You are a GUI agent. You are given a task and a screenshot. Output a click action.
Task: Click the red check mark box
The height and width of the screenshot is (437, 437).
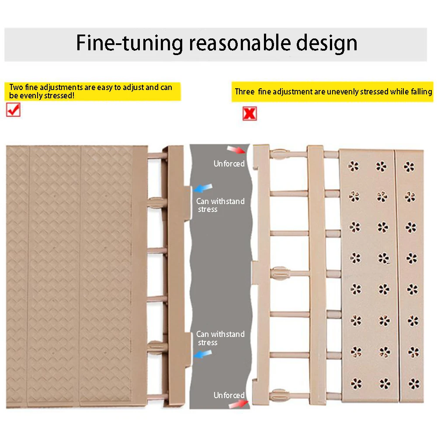click(13, 110)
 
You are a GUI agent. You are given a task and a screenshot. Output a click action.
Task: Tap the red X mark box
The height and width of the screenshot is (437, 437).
click(250, 114)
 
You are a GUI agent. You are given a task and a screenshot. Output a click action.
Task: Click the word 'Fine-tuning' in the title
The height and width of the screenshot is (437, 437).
click(130, 43)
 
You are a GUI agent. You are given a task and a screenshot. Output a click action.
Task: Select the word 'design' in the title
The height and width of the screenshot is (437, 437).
click(326, 43)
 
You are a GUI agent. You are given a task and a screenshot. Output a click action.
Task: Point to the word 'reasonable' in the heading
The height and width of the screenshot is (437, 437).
click(239, 43)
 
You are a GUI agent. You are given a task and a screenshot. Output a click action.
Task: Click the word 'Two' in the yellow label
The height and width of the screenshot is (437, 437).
click(16, 87)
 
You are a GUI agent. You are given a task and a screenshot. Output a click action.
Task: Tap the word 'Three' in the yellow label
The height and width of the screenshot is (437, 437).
click(245, 91)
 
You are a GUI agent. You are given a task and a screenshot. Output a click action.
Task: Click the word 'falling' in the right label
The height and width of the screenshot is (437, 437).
click(421, 92)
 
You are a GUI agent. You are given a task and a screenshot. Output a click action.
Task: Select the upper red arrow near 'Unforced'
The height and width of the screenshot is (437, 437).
click(236, 149)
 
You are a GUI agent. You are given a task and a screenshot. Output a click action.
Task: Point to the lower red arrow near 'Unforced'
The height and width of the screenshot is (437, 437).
click(238, 404)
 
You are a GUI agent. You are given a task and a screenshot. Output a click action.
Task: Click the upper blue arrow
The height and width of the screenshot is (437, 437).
click(203, 188)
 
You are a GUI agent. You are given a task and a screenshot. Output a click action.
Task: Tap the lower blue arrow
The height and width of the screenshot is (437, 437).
click(203, 354)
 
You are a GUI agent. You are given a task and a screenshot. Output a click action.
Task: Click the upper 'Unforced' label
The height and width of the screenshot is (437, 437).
click(229, 163)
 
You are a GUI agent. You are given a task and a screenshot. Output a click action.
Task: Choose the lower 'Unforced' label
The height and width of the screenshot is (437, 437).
click(229, 395)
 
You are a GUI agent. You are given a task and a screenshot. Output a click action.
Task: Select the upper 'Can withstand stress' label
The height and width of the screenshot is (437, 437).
click(220, 205)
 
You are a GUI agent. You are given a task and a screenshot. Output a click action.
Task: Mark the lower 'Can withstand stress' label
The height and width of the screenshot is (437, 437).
click(220, 338)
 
